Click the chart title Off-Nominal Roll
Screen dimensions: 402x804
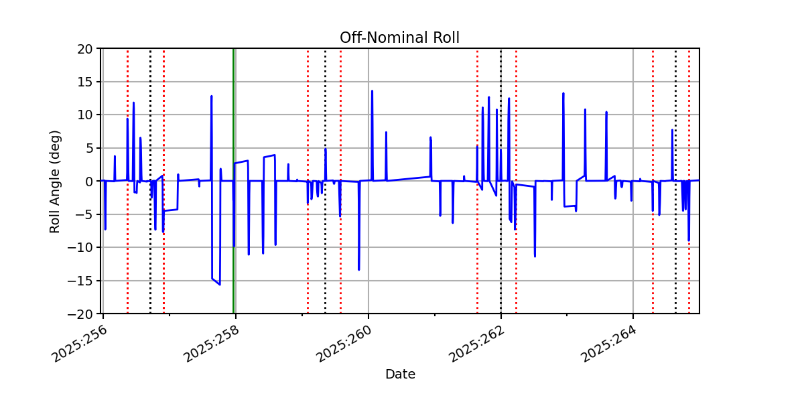(399, 38)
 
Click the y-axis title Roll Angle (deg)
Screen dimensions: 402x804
(56, 181)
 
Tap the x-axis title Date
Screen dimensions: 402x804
(400, 375)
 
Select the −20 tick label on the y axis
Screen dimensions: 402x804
(83, 314)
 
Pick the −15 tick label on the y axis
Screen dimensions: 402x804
(83, 281)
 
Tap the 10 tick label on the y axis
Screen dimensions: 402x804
(86, 115)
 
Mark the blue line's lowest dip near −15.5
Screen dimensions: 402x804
(220, 284)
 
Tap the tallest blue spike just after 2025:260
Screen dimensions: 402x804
(372, 91)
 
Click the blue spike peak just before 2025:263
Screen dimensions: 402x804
(563, 94)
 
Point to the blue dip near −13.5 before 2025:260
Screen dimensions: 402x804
(358, 269)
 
